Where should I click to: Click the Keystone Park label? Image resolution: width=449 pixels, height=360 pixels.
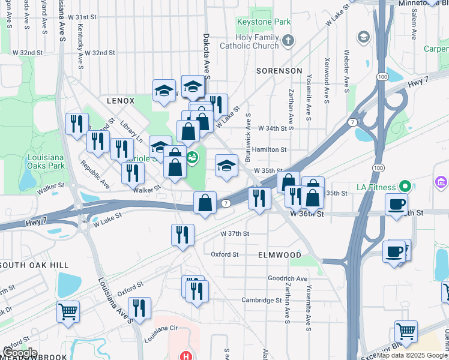point(264,22)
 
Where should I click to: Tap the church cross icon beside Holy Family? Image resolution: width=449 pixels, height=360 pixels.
point(289,41)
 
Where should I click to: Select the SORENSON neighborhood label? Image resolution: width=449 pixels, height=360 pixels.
point(279,71)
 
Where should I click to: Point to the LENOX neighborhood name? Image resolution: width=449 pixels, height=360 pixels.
point(121,101)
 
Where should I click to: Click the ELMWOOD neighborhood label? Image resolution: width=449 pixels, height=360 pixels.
point(279,255)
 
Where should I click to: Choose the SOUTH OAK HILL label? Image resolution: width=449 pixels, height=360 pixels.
point(35,265)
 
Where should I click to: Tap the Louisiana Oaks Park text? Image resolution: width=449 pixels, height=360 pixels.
point(46,161)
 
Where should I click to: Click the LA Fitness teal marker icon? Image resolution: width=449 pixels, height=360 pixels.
point(405,187)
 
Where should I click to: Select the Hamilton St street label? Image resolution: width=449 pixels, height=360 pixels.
point(270,149)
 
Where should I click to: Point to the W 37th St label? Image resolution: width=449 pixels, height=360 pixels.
point(234,233)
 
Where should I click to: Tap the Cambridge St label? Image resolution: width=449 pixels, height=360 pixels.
point(262,300)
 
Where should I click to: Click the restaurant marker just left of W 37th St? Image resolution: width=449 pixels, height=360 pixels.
point(182,234)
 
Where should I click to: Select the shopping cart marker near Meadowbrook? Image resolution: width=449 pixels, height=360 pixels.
point(68,311)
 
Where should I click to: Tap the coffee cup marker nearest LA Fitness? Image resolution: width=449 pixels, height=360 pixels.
point(396,204)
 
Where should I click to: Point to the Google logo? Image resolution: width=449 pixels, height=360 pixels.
point(20,353)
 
